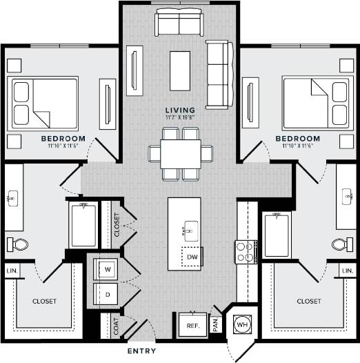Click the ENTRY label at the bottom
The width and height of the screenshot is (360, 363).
click(x=142, y=351)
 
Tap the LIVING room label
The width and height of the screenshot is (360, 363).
click(x=180, y=110)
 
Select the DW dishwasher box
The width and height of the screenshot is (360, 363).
click(x=192, y=257)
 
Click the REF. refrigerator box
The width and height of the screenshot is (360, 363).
click(x=192, y=325)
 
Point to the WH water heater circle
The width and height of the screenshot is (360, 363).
click(x=241, y=324)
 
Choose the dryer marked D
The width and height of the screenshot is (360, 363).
click(x=107, y=293)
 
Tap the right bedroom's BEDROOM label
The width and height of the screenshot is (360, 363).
click(x=298, y=138)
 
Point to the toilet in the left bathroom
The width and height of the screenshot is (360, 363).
click(x=19, y=244)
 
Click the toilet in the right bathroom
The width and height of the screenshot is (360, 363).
click(x=340, y=244)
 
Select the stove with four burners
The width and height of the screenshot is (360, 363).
click(x=246, y=252)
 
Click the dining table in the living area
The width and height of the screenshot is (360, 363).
click(x=181, y=154)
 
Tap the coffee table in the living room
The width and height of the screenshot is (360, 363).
click(x=180, y=71)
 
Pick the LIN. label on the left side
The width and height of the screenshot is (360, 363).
click(x=12, y=271)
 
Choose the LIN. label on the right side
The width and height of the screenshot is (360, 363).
click(x=348, y=271)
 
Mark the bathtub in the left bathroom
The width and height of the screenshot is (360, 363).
click(x=83, y=225)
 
